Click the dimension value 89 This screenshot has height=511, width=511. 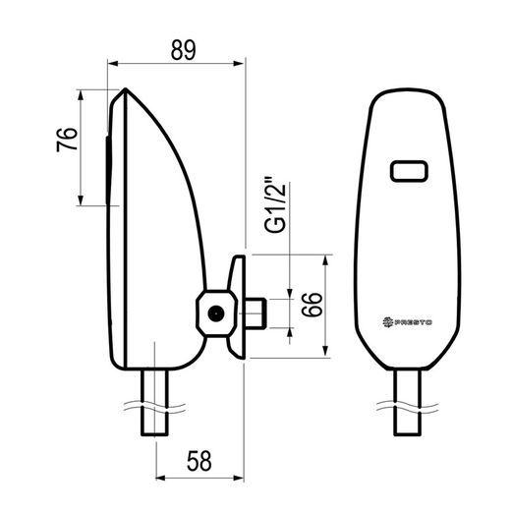tap(183, 50)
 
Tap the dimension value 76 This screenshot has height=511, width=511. tap(67, 140)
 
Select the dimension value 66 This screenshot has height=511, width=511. tap(312, 305)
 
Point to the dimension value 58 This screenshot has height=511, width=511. tap(199, 461)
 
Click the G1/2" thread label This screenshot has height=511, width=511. tap(275, 205)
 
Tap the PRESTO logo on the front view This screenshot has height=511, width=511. tap(408, 322)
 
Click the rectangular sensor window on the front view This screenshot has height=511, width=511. tap(409, 171)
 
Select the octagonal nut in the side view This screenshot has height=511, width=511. tap(216, 313)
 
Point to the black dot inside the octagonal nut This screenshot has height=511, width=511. tap(216, 313)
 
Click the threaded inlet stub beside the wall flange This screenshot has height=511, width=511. tap(255, 313)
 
